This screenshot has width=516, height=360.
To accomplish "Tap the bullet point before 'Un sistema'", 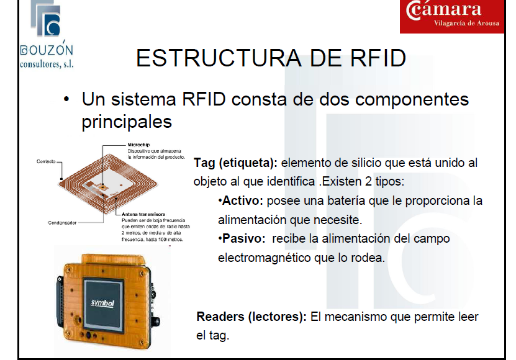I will [x=66, y=100].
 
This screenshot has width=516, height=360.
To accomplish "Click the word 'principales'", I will [x=126, y=121].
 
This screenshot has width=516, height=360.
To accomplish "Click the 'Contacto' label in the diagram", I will [x=45, y=161].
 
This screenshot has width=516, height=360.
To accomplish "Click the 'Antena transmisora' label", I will [x=143, y=214].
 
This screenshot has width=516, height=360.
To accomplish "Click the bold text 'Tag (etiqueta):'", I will [x=236, y=164].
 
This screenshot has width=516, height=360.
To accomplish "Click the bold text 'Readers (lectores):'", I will [x=251, y=317].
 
